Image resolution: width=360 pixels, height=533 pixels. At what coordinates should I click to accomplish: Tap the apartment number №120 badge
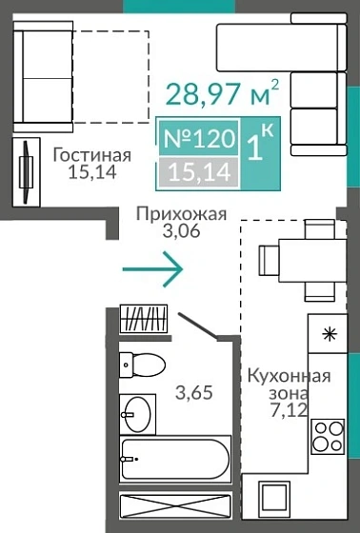[x=198, y=139]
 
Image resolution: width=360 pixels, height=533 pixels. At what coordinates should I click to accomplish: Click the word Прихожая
[x=181, y=214]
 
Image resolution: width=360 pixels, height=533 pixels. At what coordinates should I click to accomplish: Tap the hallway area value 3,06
[x=181, y=232]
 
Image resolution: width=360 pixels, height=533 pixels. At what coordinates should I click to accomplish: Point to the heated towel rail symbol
[x=145, y=319]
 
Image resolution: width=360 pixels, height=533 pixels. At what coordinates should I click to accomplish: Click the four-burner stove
[x=327, y=437]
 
